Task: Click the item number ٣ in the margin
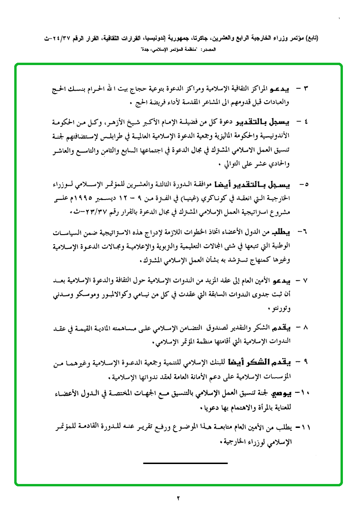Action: point(306,88)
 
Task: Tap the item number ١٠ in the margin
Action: point(304,393)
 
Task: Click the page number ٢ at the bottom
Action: point(179,498)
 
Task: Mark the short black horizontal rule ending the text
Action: point(185,463)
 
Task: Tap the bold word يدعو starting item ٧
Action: point(286,280)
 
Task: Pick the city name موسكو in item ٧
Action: point(89,294)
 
